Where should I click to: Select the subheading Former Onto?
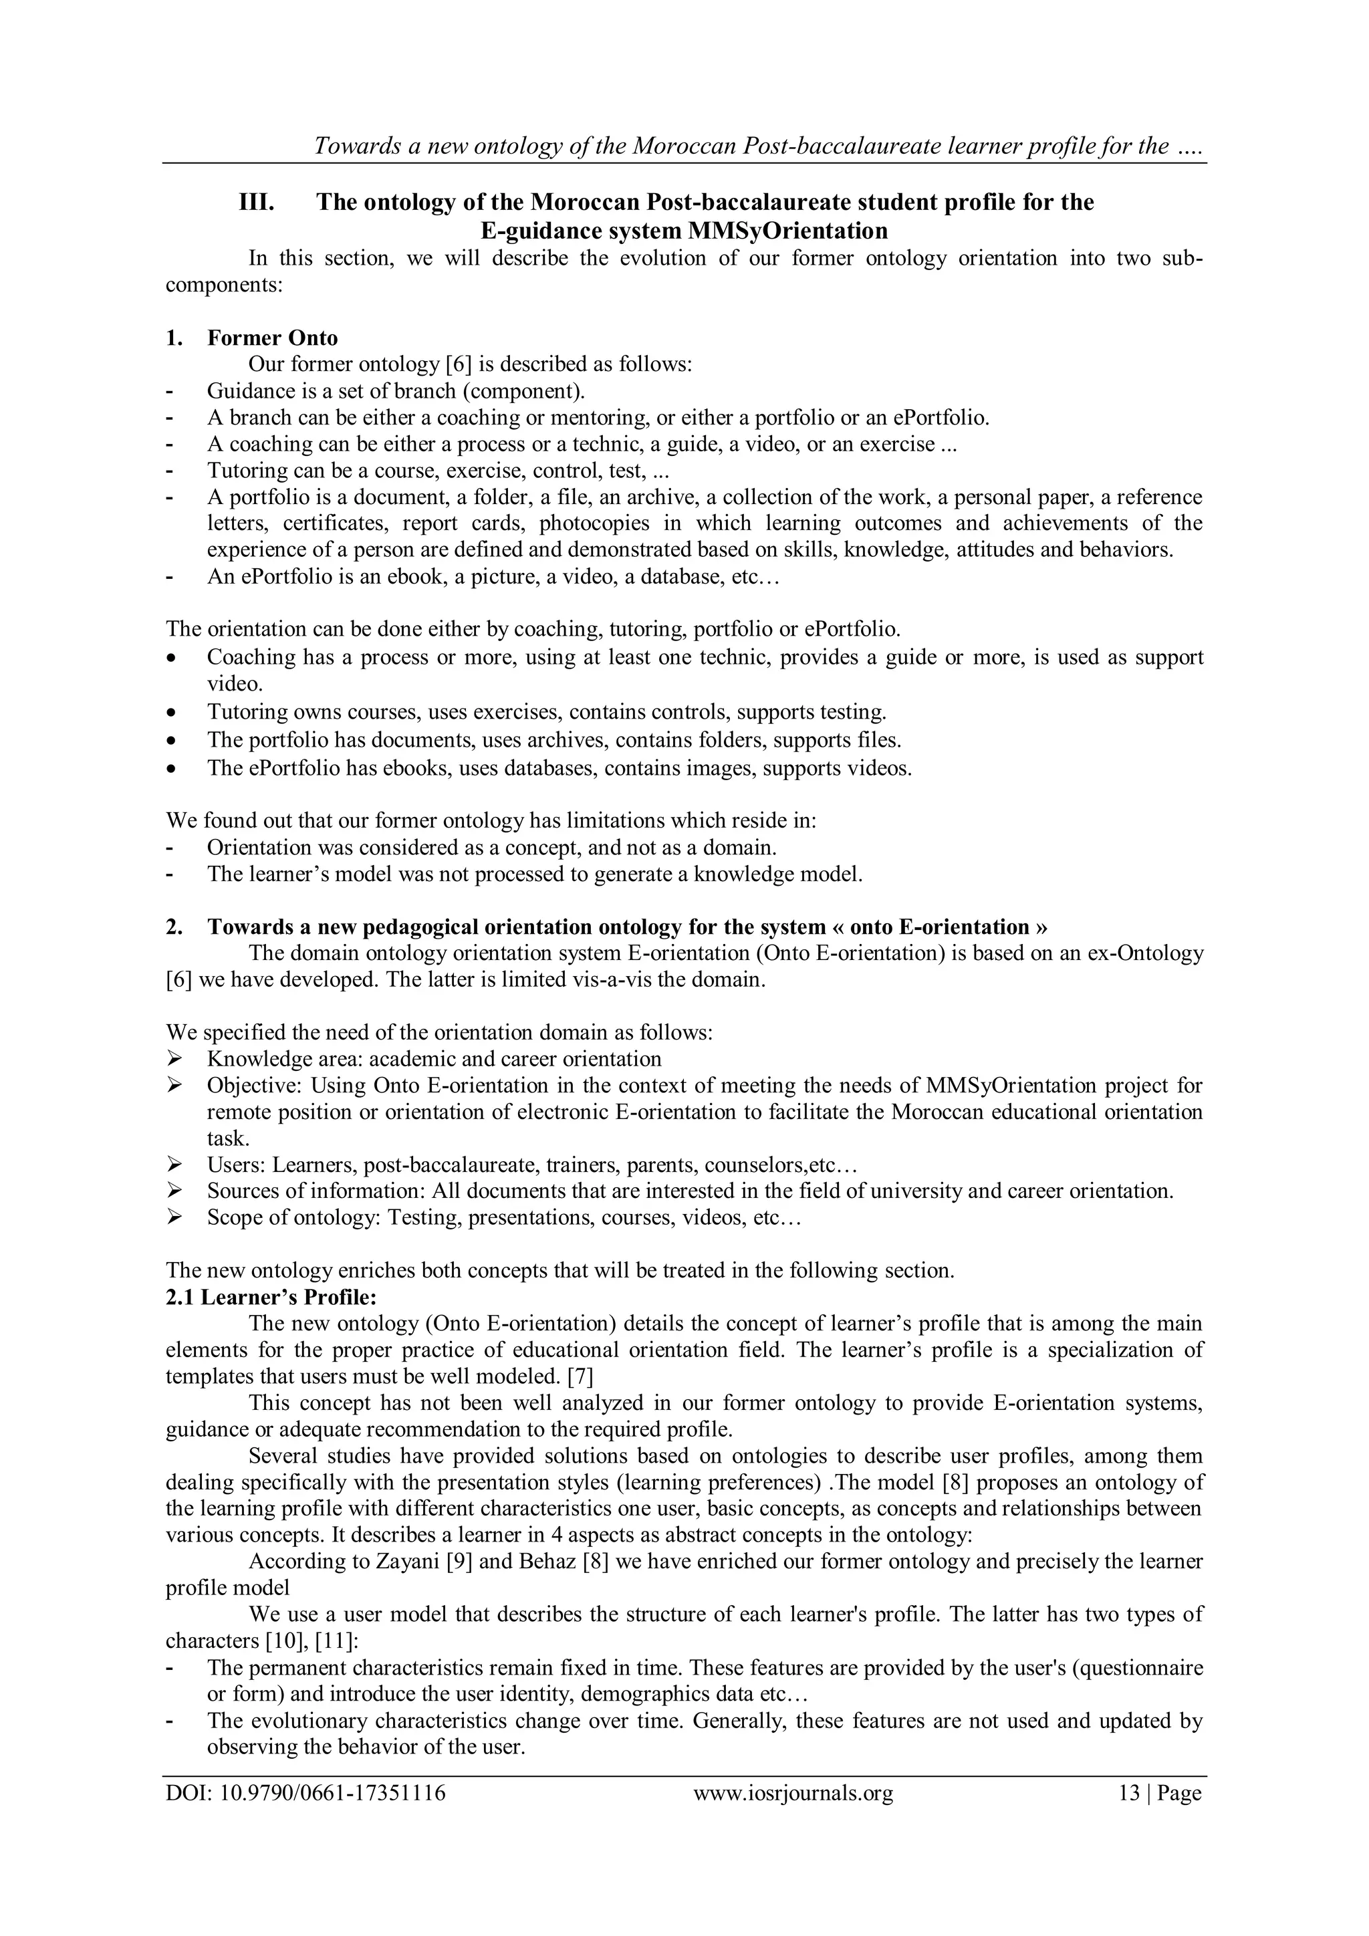click(x=272, y=338)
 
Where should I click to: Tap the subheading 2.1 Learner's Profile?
click(x=271, y=1297)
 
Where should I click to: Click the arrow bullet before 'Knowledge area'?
click(x=174, y=1059)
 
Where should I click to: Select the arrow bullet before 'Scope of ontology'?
click(x=174, y=1217)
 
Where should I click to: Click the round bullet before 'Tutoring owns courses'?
click(x=173, y=713)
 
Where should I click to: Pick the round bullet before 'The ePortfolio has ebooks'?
click(x=173, y=769)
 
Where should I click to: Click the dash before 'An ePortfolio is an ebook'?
click(x=171, y=578)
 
